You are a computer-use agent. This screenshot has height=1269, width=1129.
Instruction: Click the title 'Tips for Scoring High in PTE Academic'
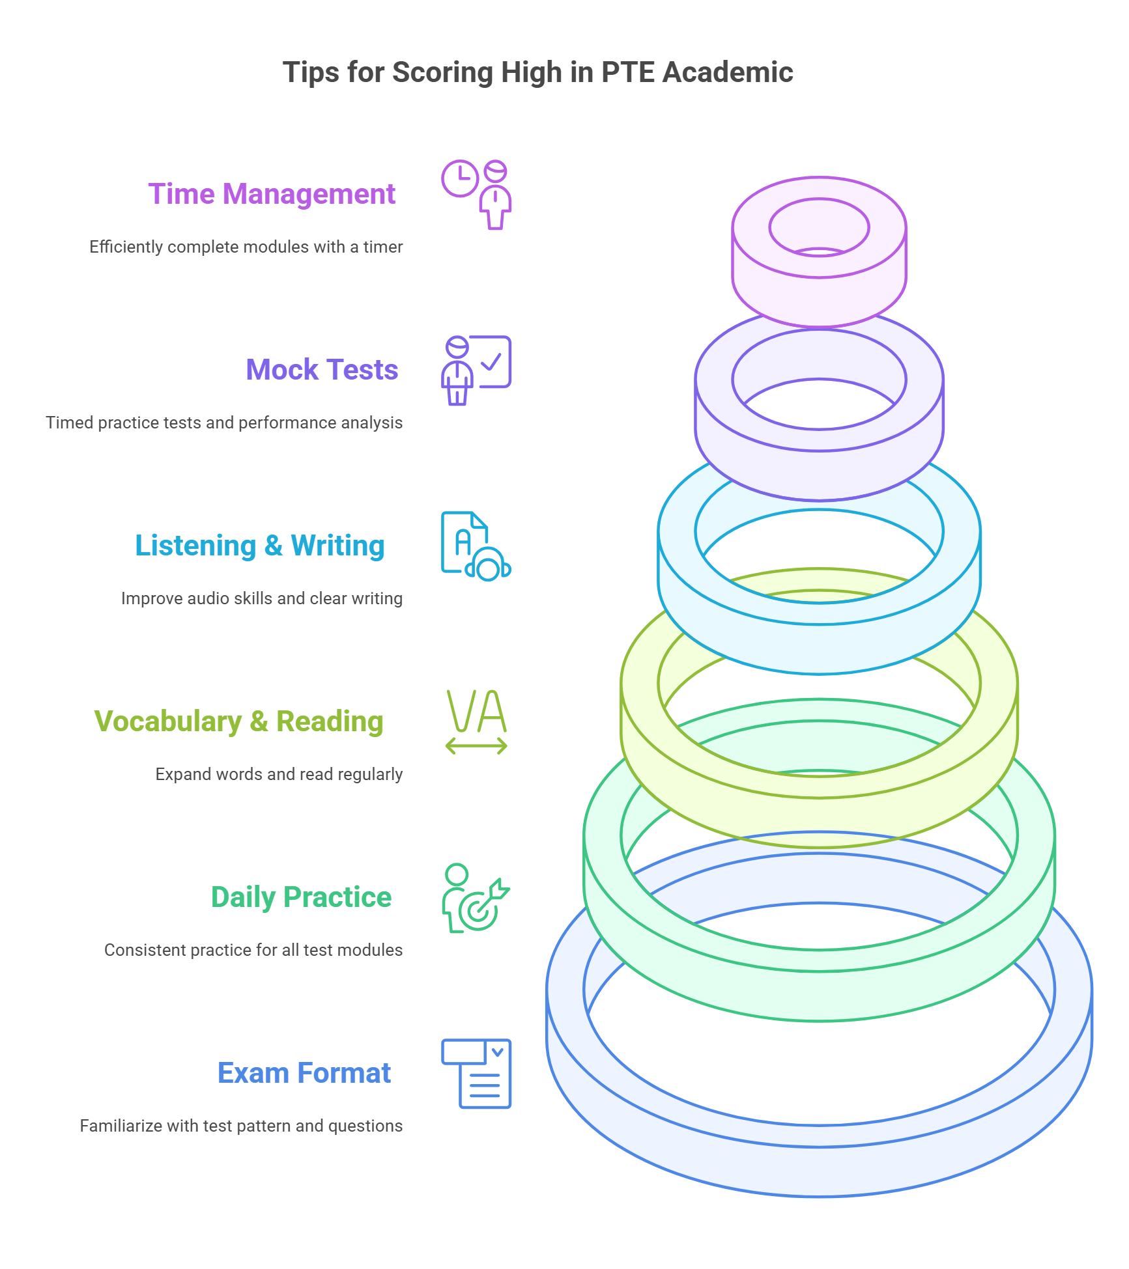pyautogui.click(x=537, y=72)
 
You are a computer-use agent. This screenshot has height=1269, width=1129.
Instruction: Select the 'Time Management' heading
pyautogui.click(x=272, y=194)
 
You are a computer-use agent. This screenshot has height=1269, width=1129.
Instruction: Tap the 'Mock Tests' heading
pyautogui.click(x=322, y=370)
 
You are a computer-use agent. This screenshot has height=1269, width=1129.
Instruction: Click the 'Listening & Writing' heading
pyautogui.click(x=260, y=546)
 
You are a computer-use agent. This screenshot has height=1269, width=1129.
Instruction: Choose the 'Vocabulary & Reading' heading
pyautogui.click(x=239, y=721)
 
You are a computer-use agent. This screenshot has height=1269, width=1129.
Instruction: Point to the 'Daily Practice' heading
pyautogui.click(x=302, y=897)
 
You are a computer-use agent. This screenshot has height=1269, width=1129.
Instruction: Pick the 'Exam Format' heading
pyautogui.click(x=304, y=1073)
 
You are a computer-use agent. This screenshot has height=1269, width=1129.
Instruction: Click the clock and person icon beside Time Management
pyautogui.click(x=477, y=195)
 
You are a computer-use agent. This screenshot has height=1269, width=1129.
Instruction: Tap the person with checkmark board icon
pyautogui.click(x=476, y=370)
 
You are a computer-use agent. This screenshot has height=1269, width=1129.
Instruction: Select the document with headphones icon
pyautogui.click(x=476, y=546)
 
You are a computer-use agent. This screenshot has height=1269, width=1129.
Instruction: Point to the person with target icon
pyautogui.click(x=476, y=898)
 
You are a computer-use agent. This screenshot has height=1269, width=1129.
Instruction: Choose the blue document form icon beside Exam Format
pyautogui.click(x=476, y=1074)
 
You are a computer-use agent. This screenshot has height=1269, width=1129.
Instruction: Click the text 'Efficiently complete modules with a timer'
pyautogui.click(x=246, y=247)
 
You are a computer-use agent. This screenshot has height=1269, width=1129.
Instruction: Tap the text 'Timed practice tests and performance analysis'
pyautogui.click(x=224, y=423)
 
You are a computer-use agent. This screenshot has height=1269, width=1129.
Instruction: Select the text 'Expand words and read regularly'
pyautogui.click(x=279, y=775)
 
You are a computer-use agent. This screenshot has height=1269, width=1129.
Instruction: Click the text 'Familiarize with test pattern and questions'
pyautogui.click(x=241, y=1126)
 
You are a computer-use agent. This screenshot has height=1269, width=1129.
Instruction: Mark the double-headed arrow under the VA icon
pyautogui.click(x=476, y=746)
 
